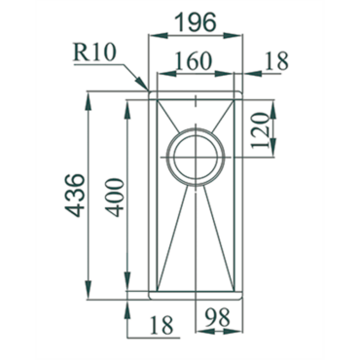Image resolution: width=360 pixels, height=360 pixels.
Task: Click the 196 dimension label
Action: pyautogui.click(x=196, y=22)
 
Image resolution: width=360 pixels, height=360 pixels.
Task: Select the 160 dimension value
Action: pyautogui.click(x=194, y=61)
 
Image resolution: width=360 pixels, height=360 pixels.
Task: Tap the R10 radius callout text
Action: pyautogui.click(x=94, y=53)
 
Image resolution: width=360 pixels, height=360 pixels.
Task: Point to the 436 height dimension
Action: pyautogui.click(x=75, y=196)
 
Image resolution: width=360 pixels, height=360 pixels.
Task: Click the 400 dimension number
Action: pyautogui.click(x=116, y=197)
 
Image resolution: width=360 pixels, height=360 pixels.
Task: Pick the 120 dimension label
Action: pyautogui.click(x=261, y=130)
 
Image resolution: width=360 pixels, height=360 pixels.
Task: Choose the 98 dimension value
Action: pyautogui.click(x=218, y=317)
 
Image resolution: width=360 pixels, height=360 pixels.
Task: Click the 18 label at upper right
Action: pyautogui.click(x=276, y=61)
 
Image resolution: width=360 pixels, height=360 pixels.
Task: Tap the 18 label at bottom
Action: pyautogui.click(x=162, y=325)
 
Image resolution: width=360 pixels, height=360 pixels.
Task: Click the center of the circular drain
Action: pyautogui.click(x=196, y=158)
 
